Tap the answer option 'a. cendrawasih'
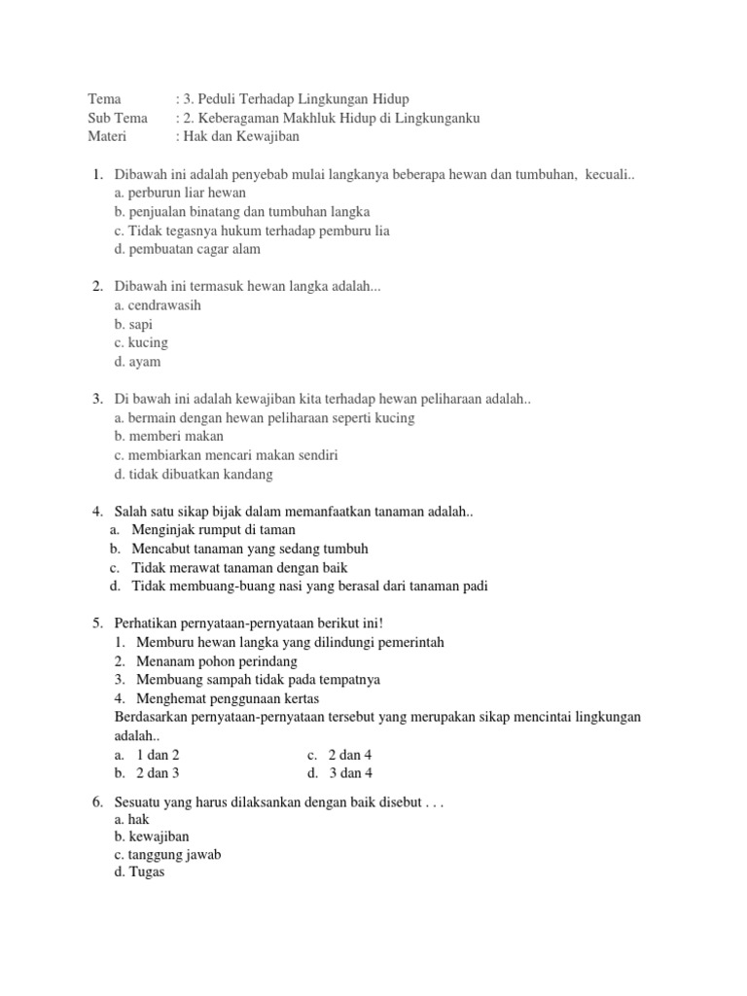158,305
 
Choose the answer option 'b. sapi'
133,324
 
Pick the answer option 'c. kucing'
141,342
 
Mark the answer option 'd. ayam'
137,362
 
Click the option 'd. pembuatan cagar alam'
187,249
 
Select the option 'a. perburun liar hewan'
180,193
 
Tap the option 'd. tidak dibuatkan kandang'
194,474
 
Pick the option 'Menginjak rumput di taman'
214,530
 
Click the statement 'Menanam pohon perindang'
217,661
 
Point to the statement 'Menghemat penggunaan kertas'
228,698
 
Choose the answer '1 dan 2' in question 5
158,755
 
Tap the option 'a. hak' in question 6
131,819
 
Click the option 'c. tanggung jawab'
167,855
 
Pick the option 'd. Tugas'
139,872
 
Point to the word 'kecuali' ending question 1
608,174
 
